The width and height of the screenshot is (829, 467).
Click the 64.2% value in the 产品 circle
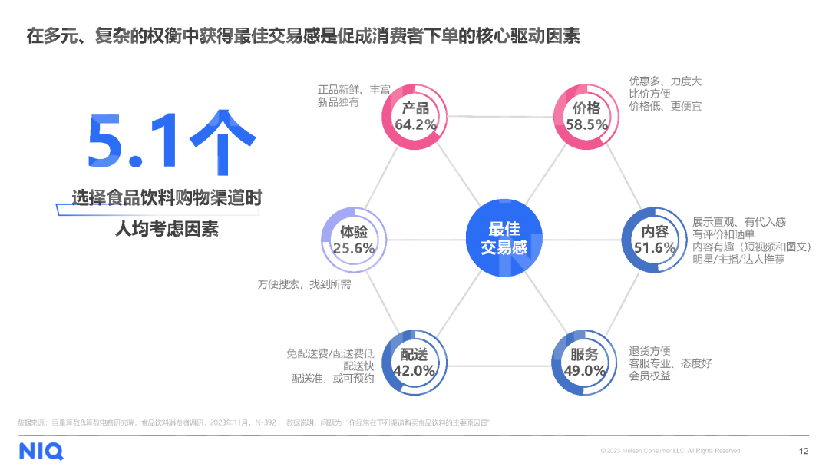point(415,124)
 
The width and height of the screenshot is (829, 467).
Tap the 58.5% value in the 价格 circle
point(586,124)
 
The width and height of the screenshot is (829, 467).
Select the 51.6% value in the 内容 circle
point(654,247)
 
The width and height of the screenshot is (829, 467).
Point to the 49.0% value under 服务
point(584,371)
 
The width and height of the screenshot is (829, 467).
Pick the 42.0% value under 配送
point(414,371)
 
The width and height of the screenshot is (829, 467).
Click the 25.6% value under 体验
point(353,248)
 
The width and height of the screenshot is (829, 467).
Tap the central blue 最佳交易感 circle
point(504,238)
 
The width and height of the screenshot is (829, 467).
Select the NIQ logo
point(41,450)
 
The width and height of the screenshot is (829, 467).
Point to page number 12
point(804,451)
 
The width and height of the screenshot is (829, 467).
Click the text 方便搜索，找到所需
point(304,284)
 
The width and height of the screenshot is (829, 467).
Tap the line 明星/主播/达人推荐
point(738,260)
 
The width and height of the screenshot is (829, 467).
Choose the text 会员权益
point(649,376)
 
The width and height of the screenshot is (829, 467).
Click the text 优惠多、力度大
point(665,81)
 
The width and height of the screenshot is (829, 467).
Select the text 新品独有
point(338,102)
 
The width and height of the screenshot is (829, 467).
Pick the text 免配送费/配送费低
point(330,353)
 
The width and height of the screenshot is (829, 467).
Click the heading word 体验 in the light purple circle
point(353,231)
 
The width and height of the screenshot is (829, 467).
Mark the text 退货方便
point(649,350)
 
